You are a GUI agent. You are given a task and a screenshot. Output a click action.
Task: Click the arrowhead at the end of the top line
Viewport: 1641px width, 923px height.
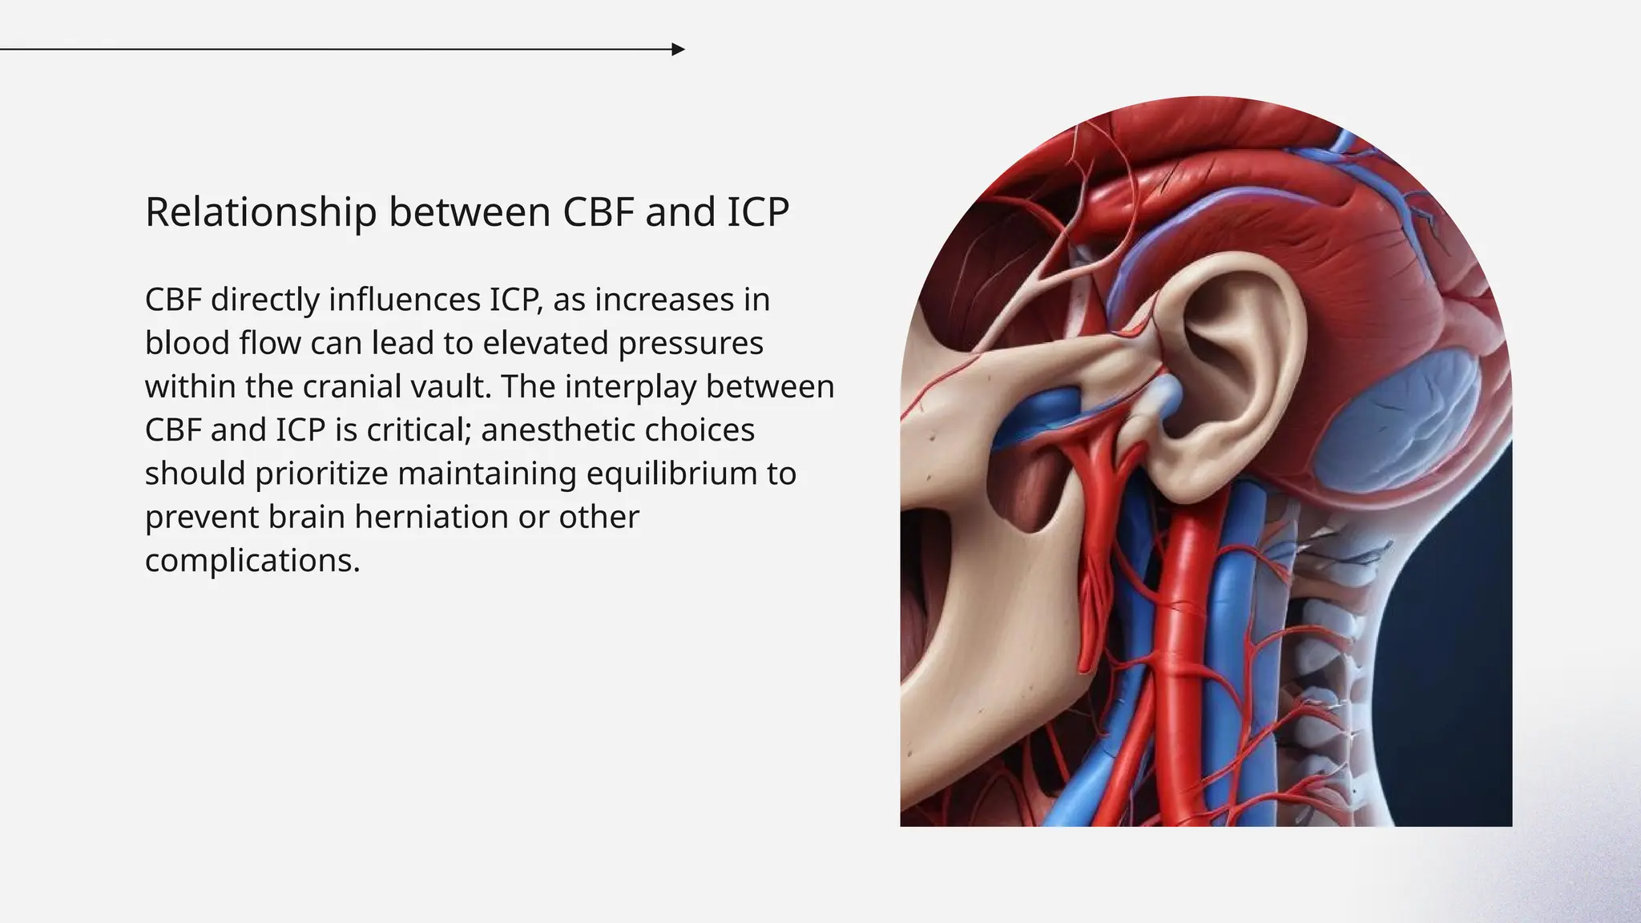coord(678,50)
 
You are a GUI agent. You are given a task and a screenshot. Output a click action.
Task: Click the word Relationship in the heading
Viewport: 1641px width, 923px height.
coord(260,212)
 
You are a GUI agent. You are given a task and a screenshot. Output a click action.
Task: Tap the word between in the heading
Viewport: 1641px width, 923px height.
coord(470,212)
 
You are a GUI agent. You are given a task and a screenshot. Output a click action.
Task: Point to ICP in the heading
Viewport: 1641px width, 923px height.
coord(757,212)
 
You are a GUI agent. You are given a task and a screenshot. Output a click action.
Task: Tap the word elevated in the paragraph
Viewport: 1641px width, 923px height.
coord(545,344)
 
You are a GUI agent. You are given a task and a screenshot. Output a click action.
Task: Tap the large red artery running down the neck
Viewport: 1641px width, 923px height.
coord(1182,641)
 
